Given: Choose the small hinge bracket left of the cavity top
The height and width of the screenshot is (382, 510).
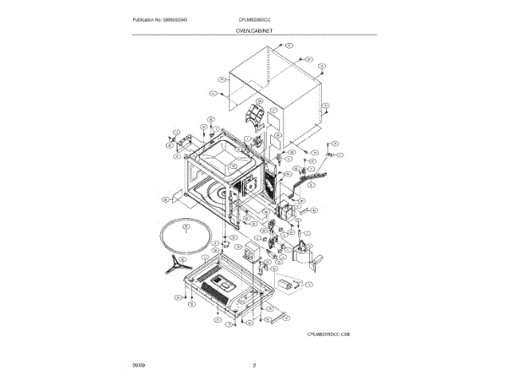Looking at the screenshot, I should pyautogui.click(x=182, y=147).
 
